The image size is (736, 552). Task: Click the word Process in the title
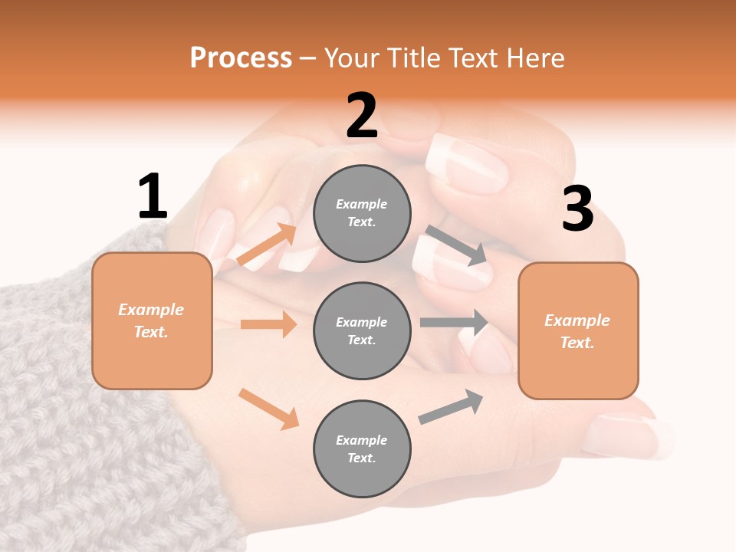click(241, 58)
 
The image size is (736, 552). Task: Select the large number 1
click(153, 197)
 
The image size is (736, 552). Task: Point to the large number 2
click(362, 117)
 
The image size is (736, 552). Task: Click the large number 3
click(577, 209)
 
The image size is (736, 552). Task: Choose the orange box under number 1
click(152, 320)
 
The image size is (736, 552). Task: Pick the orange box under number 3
click(578, 330)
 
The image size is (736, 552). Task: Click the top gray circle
click(362, 213)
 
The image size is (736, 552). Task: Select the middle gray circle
click(362, 330)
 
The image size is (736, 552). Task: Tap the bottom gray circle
click(362, 449)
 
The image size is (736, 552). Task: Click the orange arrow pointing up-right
click(266, 245)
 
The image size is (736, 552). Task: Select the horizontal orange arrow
click(268, 324)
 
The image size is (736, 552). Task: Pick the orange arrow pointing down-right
click(268, 408)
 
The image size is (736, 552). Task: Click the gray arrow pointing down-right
click(457, 245)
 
